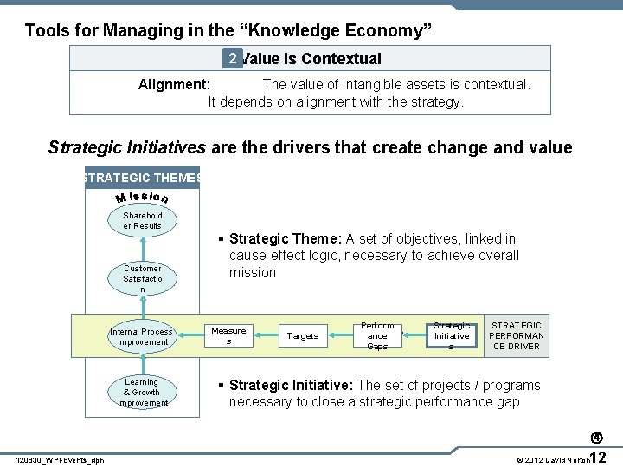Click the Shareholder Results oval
[x=142, y=221]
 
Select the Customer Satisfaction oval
[x=142, y=279]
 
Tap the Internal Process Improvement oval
[x=142, y=337]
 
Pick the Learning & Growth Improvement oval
[x=142, y=393]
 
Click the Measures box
[x=228, y=336]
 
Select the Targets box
[x=303, y=336]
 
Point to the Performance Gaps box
[x=377, y=336]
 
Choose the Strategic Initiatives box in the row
[x=452, y=336]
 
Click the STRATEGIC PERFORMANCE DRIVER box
[x=517, y=336]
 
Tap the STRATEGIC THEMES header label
[x=141, y=178]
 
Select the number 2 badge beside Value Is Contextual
[x=231, y=58]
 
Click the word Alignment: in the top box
[x=174, y=85]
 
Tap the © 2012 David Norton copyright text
[x=551, y=459]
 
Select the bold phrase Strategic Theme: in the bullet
[x=286, y=239]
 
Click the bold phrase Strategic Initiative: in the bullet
[x=291, y=386]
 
